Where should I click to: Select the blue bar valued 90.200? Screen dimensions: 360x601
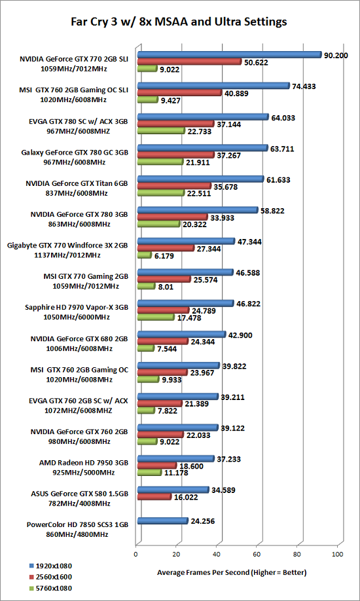point(229,54)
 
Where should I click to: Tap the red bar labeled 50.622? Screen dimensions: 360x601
point(189,62)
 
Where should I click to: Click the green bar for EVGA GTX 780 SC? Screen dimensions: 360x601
point(162,131)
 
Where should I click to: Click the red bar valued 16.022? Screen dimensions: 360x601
point(154,497)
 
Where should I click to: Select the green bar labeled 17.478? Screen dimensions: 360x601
point(156,318)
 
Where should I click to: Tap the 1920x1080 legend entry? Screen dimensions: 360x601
point(50,566)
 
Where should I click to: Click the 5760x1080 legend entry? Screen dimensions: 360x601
point(50,587)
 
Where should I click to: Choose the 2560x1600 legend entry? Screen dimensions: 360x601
point(50,576)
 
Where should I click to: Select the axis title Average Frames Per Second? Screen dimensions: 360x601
point(232,573)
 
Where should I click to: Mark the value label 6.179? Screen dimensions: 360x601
point(164,256)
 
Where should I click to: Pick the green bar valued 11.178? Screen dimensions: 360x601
point(149,473)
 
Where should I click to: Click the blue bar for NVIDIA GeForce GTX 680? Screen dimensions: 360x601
point(182,335)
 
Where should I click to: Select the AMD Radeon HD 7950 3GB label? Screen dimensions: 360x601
point(83,466)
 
